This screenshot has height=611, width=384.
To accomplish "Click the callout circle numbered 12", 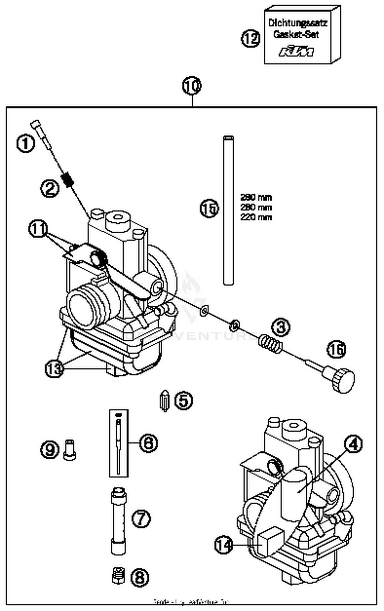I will coord(250,39).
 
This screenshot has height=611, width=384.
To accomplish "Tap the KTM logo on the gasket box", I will coord(296,51).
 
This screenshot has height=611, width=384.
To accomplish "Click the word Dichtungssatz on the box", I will coord(297,23).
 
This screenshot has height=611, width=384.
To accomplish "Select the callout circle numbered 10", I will coord(192,86).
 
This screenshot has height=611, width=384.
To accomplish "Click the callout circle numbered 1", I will coord(26,144).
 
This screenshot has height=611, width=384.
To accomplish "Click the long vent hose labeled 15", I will coord(228,210).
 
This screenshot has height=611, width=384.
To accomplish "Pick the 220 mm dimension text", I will coord(256,217).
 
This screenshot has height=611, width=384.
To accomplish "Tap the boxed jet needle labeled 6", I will coord(119,443).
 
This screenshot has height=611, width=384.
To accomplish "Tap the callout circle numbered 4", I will coord(353,445).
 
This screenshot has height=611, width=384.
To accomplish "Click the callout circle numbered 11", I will coord(38,229).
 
